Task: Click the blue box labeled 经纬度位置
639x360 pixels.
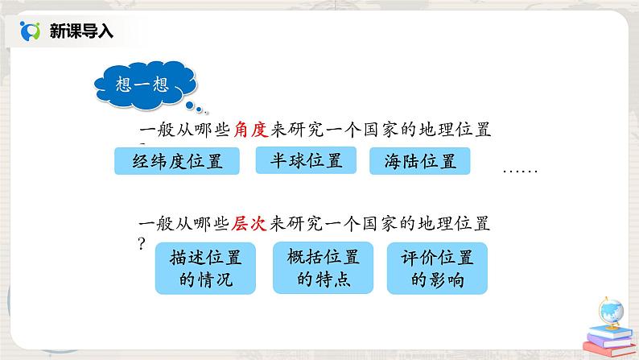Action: pos(179,161)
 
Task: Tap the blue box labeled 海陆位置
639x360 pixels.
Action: pos(419,162)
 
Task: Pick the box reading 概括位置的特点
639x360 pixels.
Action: pos(322,268)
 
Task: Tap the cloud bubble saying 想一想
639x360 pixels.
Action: pos(148,83)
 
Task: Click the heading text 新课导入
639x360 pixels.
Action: pos(81,31)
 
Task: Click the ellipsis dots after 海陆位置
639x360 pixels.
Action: pos(519,171)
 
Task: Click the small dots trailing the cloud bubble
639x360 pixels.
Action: pos(196,106)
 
